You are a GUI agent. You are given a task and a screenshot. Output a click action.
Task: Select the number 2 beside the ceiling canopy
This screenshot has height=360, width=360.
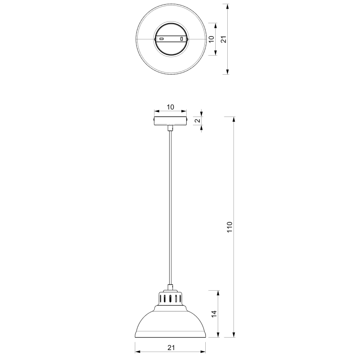tap(197, 121)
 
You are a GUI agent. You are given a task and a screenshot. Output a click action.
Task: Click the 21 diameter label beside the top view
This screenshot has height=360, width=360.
tap(223, 39)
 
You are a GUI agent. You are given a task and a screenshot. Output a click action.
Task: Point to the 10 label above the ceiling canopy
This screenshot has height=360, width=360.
tap(170, 107)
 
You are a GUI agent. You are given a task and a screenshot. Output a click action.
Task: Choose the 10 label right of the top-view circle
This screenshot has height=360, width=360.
tap(211, 39)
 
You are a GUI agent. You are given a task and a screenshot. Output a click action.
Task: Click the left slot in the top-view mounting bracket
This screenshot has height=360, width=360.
tap(162, 39)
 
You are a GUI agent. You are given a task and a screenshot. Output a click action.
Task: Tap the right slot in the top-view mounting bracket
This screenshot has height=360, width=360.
tap(181, 39)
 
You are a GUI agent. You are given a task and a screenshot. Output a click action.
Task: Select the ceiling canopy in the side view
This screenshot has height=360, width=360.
tap(170, 121)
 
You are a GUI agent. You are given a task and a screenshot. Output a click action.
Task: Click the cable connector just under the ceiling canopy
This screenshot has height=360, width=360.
tap(170, 128)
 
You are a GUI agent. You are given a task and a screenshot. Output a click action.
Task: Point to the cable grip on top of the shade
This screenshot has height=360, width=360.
tap(170, 287)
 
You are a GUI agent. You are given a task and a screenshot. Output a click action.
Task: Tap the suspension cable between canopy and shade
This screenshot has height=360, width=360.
tap(170, 207)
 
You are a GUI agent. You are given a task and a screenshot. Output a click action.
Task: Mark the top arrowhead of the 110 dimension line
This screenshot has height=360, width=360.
tap(234, 119)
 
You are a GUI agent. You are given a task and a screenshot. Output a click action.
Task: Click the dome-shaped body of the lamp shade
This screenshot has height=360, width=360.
tap(170, 321)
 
